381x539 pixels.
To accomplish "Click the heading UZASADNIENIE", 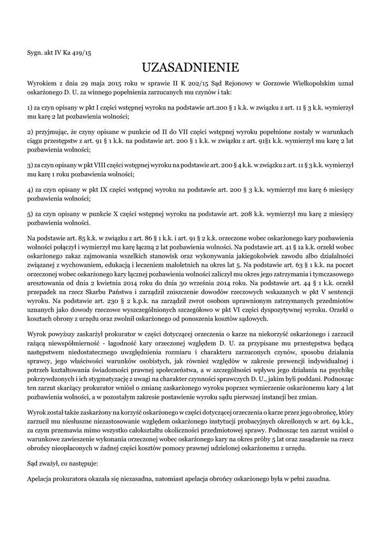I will tap(190, 67).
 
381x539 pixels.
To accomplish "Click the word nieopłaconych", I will tap(76, 448).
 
